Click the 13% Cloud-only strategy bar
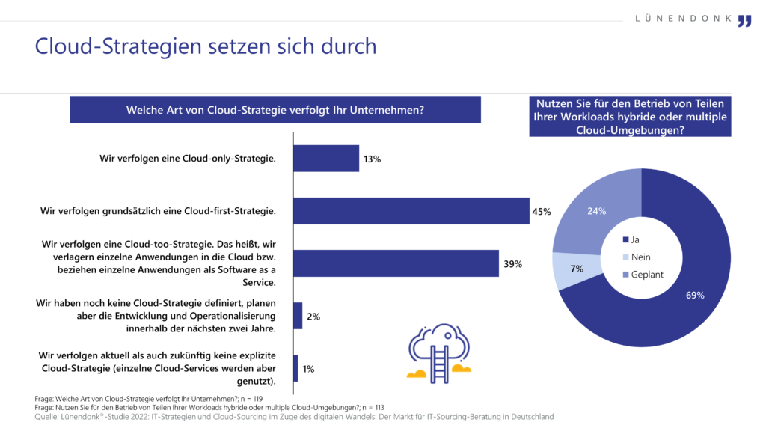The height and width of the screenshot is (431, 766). click(326, 159)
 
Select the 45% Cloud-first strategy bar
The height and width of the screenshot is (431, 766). click(411, 211)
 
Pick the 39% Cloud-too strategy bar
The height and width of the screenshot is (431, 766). click(396, 263)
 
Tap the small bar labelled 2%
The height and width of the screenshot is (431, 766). click(298, 316)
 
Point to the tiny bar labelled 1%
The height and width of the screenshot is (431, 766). click(296, 368)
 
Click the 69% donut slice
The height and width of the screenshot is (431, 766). click(673, 299)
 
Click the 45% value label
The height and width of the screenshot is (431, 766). click(541, 212)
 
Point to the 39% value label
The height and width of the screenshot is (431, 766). click(512, 264)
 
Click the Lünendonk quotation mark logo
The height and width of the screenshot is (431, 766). click(744, 20)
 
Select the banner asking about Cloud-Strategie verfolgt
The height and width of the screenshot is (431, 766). click(275, 110)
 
